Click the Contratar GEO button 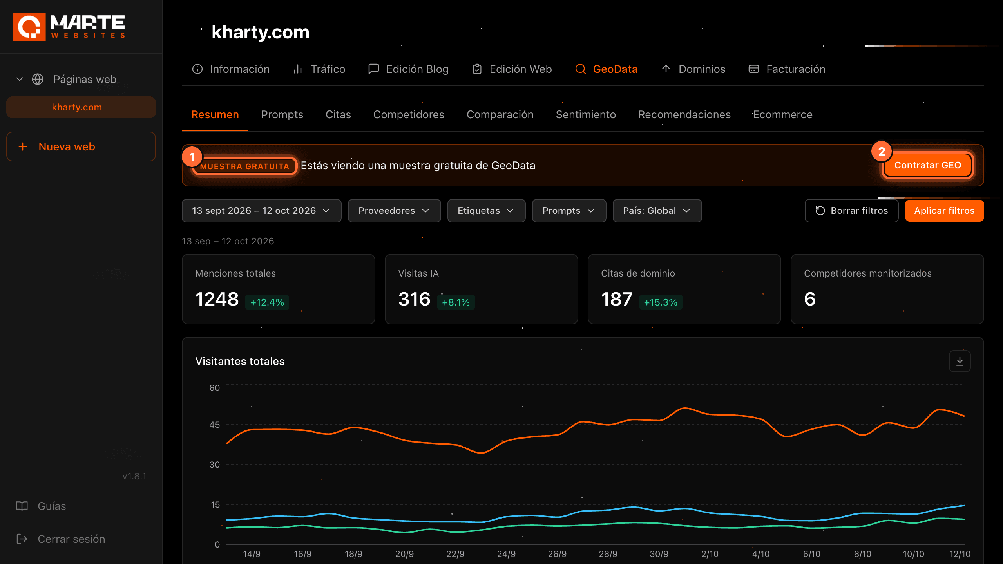point(927,165)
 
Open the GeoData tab point(606,69)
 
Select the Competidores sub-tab point(409,115)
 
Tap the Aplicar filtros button point(944,211)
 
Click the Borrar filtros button point(851,211)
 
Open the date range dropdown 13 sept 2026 point(261,211)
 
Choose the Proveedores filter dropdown point(394,211)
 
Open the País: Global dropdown point(657,211)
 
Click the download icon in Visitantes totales point(960,361)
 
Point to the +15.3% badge point(661,302)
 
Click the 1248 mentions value point(217,299)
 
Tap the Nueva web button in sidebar point(81,146)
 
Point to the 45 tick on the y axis point(215,425)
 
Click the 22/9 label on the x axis point(455,554)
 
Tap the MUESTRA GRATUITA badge point(244,166)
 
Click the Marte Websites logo point(69,27)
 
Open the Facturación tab point(787,69)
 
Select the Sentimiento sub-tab point(586,115)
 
